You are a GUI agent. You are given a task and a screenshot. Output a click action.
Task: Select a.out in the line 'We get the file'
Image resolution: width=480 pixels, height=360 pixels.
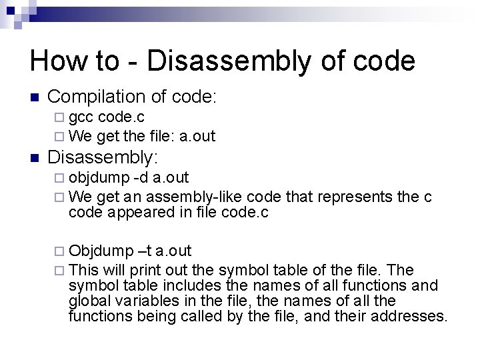[198, 136]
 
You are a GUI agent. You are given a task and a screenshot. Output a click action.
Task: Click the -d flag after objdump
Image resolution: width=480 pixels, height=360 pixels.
[141, 178]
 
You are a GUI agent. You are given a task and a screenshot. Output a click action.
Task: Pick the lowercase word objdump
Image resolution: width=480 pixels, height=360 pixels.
[99, 179]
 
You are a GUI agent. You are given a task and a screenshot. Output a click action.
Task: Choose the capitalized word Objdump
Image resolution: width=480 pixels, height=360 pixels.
[101, 251]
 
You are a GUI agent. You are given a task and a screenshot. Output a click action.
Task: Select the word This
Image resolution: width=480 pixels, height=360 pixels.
[83, 270]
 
